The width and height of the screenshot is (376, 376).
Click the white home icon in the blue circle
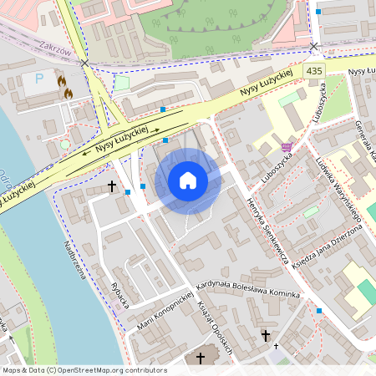click(x=188, y=180)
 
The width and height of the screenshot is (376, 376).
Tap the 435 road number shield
click(x=314, y=72)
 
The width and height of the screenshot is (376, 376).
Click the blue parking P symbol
click(x=38, y=79)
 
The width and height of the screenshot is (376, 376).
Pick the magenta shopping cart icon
click(x=287, y=147)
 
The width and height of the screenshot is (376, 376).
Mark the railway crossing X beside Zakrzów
click(x=84, y=63)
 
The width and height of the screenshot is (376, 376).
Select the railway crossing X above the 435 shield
click(x=314, y=47)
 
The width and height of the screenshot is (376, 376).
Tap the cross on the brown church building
click(x=200, y=358)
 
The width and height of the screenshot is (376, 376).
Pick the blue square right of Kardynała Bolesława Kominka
click(x=319, y=311)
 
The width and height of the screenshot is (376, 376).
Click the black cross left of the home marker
click(x=111, y=185)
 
